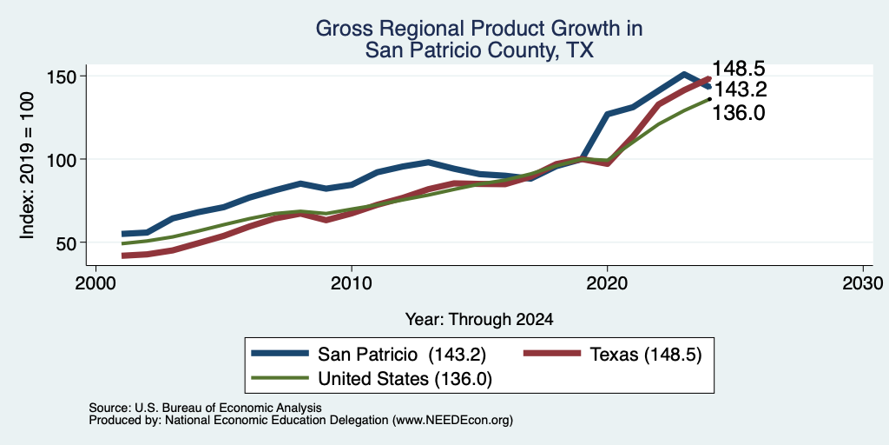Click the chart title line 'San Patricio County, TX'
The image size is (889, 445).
click(479, 50)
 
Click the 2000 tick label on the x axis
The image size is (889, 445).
click(95, 282)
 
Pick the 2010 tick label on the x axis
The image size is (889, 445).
click(352, 282)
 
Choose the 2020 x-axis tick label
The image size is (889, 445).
click(607, 282)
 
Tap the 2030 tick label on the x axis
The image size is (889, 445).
click(863, 282)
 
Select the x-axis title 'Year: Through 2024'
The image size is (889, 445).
click(479, 320)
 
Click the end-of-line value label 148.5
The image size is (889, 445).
click(739, 69)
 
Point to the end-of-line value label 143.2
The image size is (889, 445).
click(739, 90)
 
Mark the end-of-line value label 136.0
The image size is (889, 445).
click(739, 114)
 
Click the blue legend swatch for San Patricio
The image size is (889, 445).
click(280, 354)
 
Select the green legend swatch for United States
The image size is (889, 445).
click(280, 378)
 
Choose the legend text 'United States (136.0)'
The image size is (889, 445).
click(405, 379)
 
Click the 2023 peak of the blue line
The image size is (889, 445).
click(684, 75)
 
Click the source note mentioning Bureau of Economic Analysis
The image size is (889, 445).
click(205, 408)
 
